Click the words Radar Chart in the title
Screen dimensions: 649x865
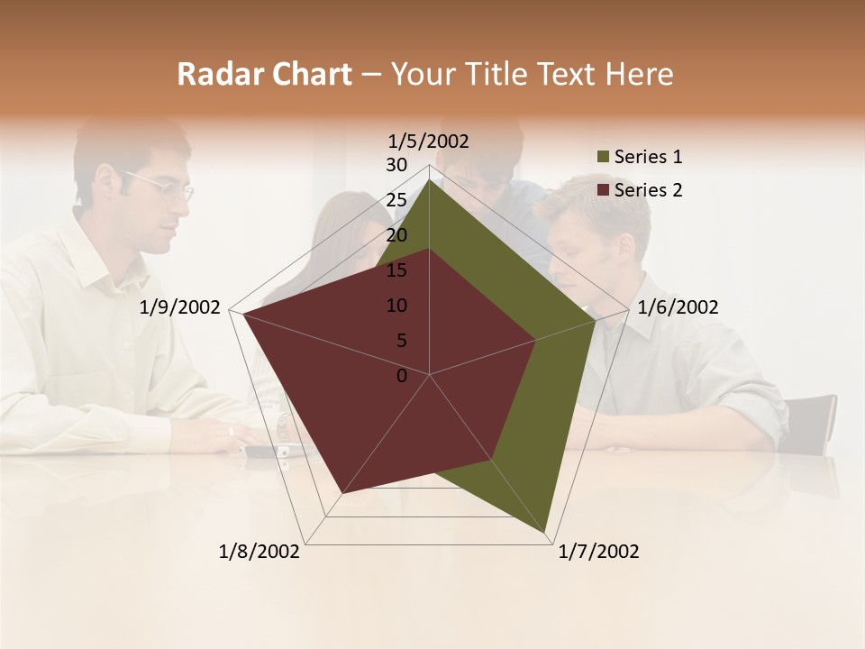click(x=264, y=74)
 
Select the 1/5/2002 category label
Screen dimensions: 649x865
click(x=428, y=141)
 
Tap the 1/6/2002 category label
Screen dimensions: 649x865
click(x=678, y=307)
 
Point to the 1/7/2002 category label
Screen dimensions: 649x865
click(x=598, y=552)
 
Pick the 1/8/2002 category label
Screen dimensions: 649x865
click(x=259, y=552)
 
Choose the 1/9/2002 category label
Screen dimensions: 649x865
click(x=180, y=307)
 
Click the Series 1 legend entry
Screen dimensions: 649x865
click(x=648, y=157)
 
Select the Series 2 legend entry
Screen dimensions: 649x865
click(x=648, y=190)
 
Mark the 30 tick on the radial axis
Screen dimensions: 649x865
click(x=396, y=165)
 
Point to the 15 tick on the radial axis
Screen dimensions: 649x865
click(x=396, y=270)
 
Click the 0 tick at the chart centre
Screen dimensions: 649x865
click(x=402, y=376)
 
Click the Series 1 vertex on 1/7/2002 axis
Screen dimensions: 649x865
click(x=546, y=532)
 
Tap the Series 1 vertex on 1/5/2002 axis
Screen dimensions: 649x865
click(x=429, y=179)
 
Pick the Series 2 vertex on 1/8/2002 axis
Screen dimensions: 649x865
click(x=342, y=493)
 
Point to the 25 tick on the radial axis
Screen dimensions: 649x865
click(x=396, y=200)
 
